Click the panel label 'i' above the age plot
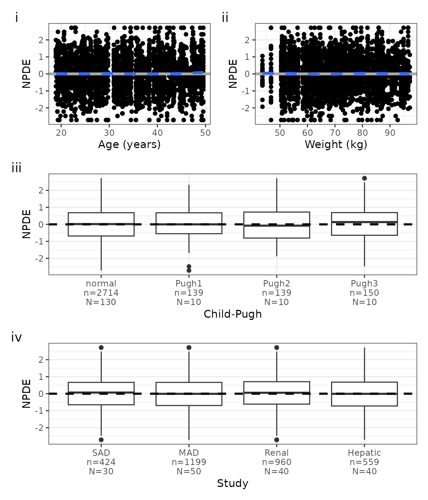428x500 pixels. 17,17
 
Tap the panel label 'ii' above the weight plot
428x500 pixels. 225,17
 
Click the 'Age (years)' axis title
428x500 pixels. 129,144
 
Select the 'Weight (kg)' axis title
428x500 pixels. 336,144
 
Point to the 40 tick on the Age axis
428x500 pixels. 157,133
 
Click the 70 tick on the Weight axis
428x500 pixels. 335,133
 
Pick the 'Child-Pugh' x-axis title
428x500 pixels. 233,314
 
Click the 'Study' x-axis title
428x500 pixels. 233,483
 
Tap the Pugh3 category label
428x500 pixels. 364,283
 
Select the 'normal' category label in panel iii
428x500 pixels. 101,283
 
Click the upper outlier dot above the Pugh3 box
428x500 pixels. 364,178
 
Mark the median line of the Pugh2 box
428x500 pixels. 277,225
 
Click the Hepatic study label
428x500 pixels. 364,453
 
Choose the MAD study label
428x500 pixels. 189,453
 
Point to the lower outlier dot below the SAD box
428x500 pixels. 101,440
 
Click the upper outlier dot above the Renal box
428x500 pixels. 277,347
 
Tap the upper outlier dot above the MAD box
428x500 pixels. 189,347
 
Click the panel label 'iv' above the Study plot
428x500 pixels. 17,337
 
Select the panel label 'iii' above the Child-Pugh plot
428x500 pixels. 17,168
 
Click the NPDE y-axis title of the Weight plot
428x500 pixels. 233,74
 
